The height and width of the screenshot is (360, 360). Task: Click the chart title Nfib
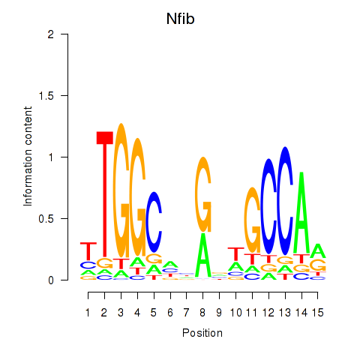pos(180,19)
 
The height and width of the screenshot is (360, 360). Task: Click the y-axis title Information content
pos(28,157)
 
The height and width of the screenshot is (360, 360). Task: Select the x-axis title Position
pos(202,333)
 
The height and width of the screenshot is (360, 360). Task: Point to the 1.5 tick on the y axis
pos(64,95)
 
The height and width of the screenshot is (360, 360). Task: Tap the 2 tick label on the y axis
pos(51,34)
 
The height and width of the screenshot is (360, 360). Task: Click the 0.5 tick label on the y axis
pos(46,219)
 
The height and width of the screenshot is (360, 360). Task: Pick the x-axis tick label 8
pos(202,313)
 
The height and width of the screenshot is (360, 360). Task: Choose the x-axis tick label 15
pos(317,313)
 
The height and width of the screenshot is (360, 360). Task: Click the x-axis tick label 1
pos(88,313)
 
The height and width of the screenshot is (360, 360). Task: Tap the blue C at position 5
pos(154,222)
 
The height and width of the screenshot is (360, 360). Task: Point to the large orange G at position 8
pos(203,194)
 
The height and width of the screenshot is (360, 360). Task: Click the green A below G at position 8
pos(203,255)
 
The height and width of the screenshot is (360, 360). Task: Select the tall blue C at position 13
pos(285,201)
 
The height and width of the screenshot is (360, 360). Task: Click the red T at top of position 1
pos(88,251)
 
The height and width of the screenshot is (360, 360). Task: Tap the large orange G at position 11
pos(253,220)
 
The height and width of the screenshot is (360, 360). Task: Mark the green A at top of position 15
pos(318,250)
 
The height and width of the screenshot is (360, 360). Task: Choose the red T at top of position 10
pos(236,254)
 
